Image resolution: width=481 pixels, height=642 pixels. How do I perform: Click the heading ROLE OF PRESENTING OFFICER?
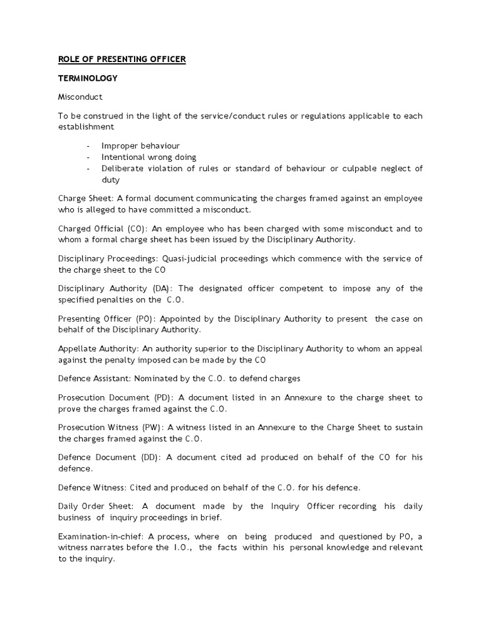122,60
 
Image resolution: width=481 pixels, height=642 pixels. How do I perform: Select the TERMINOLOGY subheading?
88,79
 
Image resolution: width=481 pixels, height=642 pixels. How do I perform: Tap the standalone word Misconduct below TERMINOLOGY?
80,98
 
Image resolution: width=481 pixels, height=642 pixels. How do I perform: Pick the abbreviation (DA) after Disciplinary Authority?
161,288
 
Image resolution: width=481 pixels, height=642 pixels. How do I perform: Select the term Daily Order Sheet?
95,506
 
